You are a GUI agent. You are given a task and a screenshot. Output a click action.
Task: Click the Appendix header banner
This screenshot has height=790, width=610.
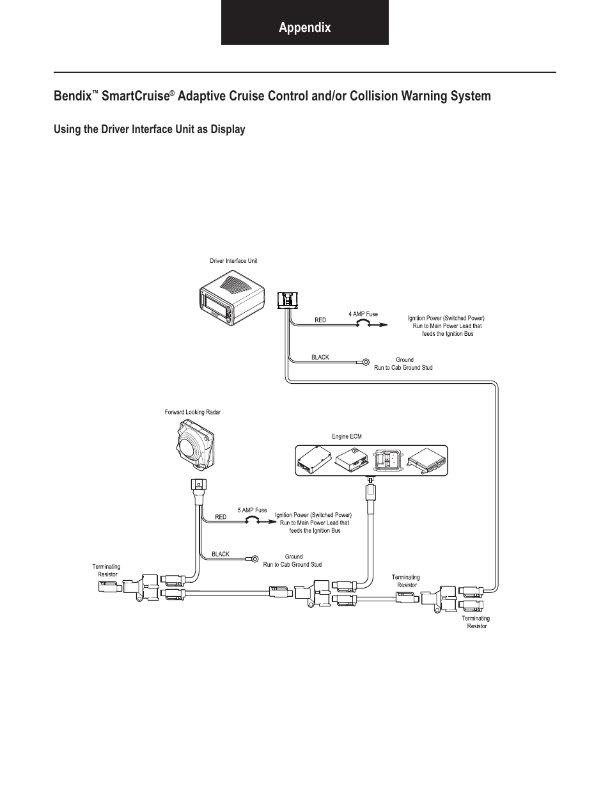tap(305, 22)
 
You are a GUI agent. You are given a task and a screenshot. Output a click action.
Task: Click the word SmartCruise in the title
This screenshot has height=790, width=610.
tap(136, 97)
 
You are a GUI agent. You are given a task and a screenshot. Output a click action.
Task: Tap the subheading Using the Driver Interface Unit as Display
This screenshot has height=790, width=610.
tap(150, 129)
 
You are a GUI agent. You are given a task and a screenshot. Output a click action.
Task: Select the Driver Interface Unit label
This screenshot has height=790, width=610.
tap(233, 260)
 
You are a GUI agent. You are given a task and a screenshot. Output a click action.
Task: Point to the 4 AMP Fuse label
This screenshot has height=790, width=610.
tap(363, 313)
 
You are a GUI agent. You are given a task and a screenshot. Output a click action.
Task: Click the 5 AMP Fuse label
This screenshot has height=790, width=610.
tap(252, 510)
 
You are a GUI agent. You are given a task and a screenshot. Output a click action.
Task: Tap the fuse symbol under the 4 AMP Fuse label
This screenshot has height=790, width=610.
tap(363, 323)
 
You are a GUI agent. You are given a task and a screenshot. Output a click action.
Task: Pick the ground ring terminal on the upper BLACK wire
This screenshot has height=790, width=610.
tap(366, 361)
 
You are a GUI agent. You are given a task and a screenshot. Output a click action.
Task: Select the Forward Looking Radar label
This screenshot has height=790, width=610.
tap(192, 412)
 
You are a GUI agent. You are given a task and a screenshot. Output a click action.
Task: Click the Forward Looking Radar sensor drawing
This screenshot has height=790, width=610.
tap(195, 443)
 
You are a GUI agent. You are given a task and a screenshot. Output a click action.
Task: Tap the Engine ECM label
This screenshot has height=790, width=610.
tap(347, 436)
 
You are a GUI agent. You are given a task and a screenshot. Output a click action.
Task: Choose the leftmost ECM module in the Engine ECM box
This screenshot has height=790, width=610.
tap(315, 461)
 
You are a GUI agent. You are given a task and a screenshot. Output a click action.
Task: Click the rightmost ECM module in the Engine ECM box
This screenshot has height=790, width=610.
tap(426, 461)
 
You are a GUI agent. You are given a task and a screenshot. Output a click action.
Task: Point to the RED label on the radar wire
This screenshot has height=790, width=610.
tap(221, 517)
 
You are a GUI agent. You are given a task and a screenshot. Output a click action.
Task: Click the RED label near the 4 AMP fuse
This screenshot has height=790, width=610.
tap(320, 320)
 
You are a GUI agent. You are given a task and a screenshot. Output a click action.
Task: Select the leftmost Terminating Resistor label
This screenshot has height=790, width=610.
tap(106, 571)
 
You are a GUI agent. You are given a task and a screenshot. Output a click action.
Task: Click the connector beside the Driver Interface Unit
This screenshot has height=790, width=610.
tap(288, 300)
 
